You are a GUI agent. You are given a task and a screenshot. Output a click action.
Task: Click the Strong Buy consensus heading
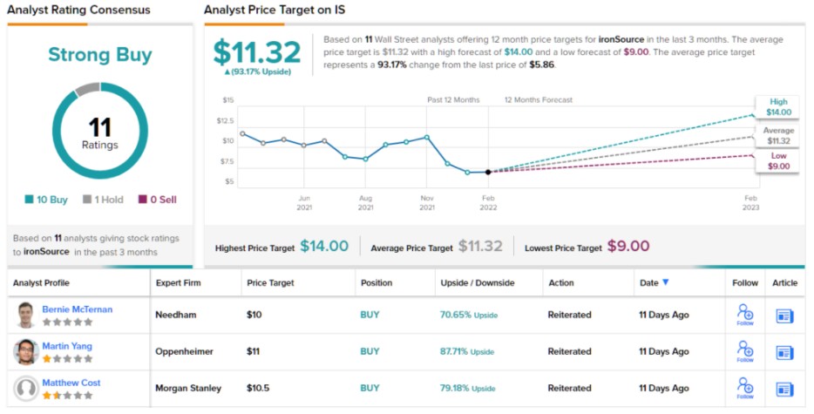(99, 55)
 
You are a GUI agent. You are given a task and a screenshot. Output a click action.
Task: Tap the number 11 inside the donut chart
(99, 128)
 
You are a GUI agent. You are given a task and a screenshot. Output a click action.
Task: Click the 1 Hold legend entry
(103, 200)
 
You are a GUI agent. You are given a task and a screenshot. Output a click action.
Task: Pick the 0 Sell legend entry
(157, 200)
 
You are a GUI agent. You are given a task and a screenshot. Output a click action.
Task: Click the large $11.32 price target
(257, 52)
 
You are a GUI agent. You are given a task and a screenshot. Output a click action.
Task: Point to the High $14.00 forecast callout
(778, 107)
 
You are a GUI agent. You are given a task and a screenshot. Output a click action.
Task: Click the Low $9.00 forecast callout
(778, 160)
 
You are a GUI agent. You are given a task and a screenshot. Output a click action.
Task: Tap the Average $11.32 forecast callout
(778, 135)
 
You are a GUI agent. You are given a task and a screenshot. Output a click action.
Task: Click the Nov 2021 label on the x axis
(427, 202)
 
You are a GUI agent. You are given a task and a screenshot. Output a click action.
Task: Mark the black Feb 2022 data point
(487, 172)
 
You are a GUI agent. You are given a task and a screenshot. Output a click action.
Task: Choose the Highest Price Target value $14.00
(324, 247)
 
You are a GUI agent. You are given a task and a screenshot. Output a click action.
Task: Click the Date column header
(654, 283)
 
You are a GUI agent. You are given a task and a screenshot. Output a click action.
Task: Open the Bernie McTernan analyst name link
(78, 309)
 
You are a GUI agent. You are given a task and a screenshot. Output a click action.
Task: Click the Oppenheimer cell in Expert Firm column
(186, 351)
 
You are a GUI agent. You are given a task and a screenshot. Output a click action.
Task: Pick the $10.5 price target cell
(259, 388)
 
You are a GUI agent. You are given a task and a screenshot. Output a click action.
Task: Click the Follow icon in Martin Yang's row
(745, 350)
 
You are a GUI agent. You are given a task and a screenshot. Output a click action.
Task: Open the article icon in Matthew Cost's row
(785, 389)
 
